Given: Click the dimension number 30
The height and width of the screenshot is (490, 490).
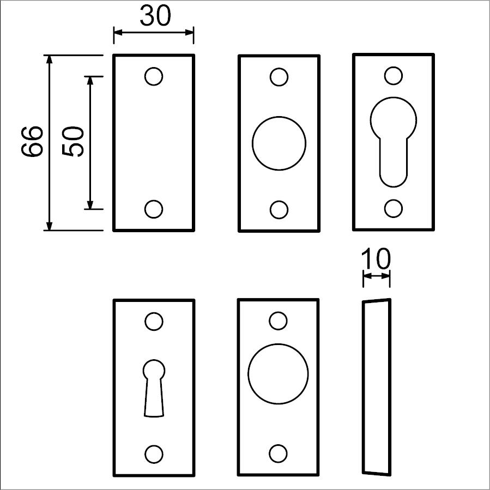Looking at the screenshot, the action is pos(155,16).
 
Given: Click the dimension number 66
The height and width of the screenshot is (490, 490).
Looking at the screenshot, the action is pos(32,141).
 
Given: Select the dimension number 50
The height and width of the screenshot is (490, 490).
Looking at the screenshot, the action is pos(73,141).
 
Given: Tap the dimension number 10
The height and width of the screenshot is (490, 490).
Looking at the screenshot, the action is pos(376,258).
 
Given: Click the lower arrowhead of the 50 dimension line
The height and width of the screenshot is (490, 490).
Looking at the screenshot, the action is pos(90,205).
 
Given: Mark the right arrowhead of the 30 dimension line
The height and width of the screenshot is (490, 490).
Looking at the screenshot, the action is pos(189,32).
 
